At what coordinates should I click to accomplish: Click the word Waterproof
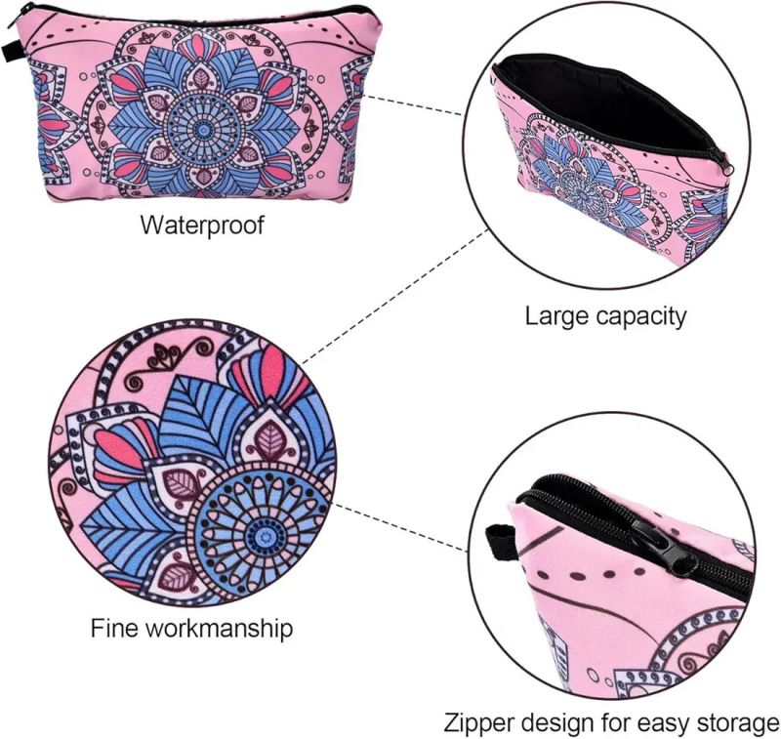[x=202, y=225]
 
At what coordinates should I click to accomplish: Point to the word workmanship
[x=219, y=627]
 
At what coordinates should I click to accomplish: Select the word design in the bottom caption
[x=556, y=724]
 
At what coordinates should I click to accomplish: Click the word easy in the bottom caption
[x=661, y=724]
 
